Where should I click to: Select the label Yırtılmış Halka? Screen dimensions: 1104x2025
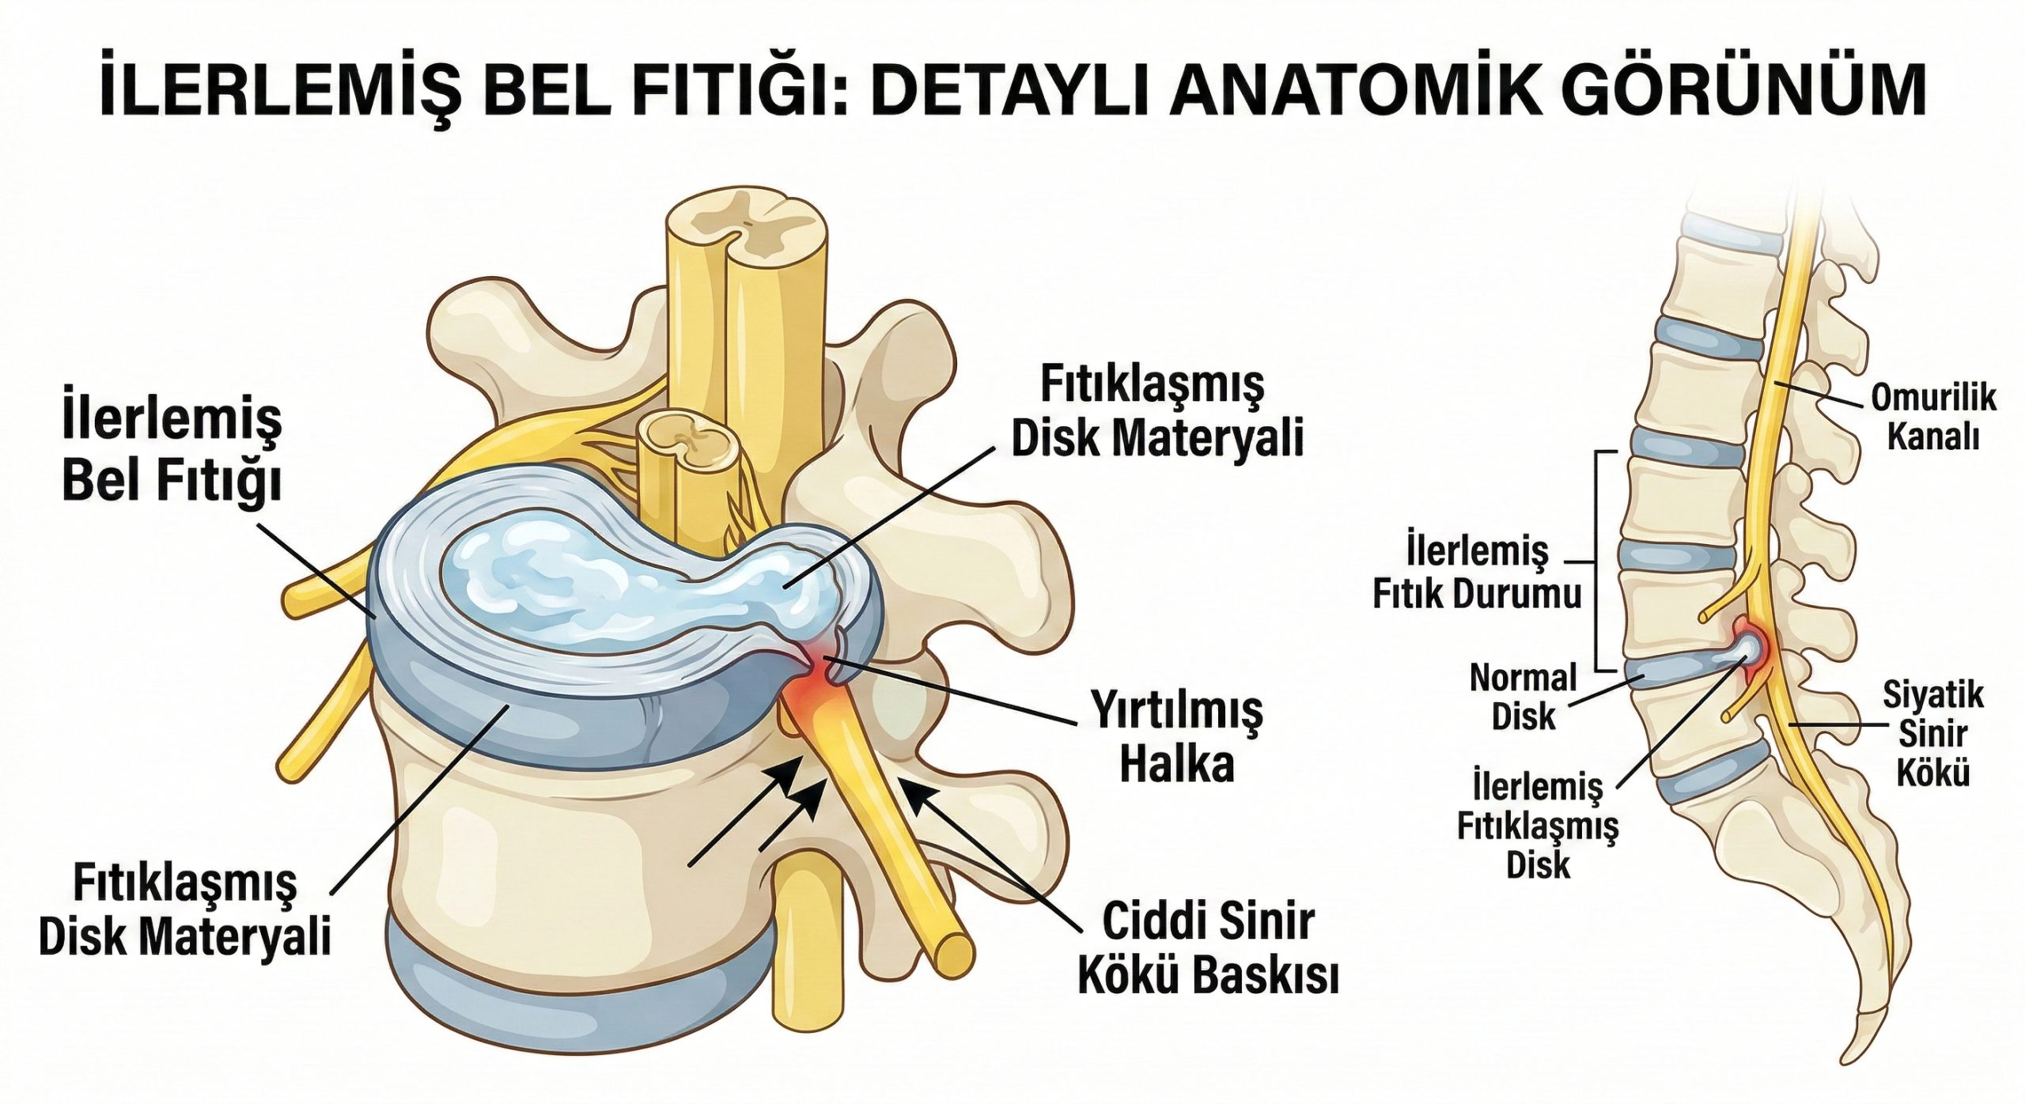[x=1177, y=735]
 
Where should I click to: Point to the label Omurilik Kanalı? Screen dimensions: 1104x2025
[x=1932, y=417]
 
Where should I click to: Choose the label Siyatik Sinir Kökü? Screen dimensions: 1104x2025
[x=1932, y=735]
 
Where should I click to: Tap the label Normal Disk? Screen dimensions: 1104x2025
[x=1523, y=697]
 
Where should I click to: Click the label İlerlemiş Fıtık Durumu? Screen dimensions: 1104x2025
[x=1477, y=571]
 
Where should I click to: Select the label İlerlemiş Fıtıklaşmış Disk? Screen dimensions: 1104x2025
[x=1538, y=826]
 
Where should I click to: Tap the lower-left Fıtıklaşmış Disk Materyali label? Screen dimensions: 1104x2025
[x=184, y=909]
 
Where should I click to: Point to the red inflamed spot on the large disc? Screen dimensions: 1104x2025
[x=819, y=680]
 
